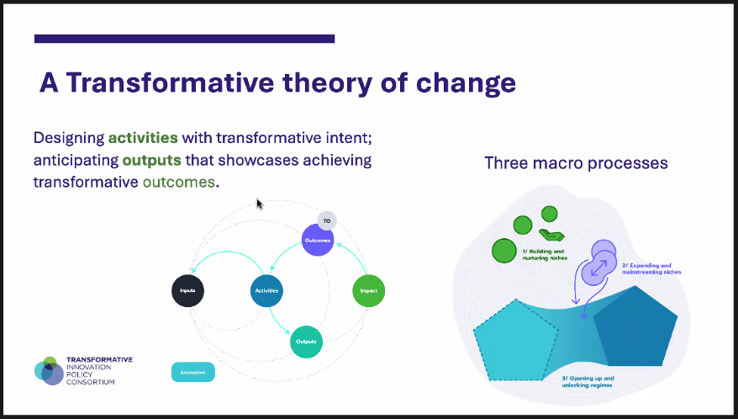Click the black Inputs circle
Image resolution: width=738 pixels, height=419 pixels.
[x=187, y=291]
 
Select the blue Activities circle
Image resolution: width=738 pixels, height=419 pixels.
[x=266, y=291]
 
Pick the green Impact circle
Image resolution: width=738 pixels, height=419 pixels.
[x=368, y=291]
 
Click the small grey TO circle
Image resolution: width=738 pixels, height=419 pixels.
[x=327, y=220]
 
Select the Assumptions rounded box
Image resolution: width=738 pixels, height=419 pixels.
[x=192, y=371]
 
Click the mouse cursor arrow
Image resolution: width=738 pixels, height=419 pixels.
[x=260, y=204]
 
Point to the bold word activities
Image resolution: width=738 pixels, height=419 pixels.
[x=143, y=137]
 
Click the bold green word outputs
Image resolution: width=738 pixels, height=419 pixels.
[x=151, y=159]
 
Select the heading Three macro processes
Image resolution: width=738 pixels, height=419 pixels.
[x=576, y=162]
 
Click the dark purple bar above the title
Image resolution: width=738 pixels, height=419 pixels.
[x=184, y=39]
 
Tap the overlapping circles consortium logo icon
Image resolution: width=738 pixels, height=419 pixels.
[x=49, y=370]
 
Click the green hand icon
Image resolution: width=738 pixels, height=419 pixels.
[x=550, y=235]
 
